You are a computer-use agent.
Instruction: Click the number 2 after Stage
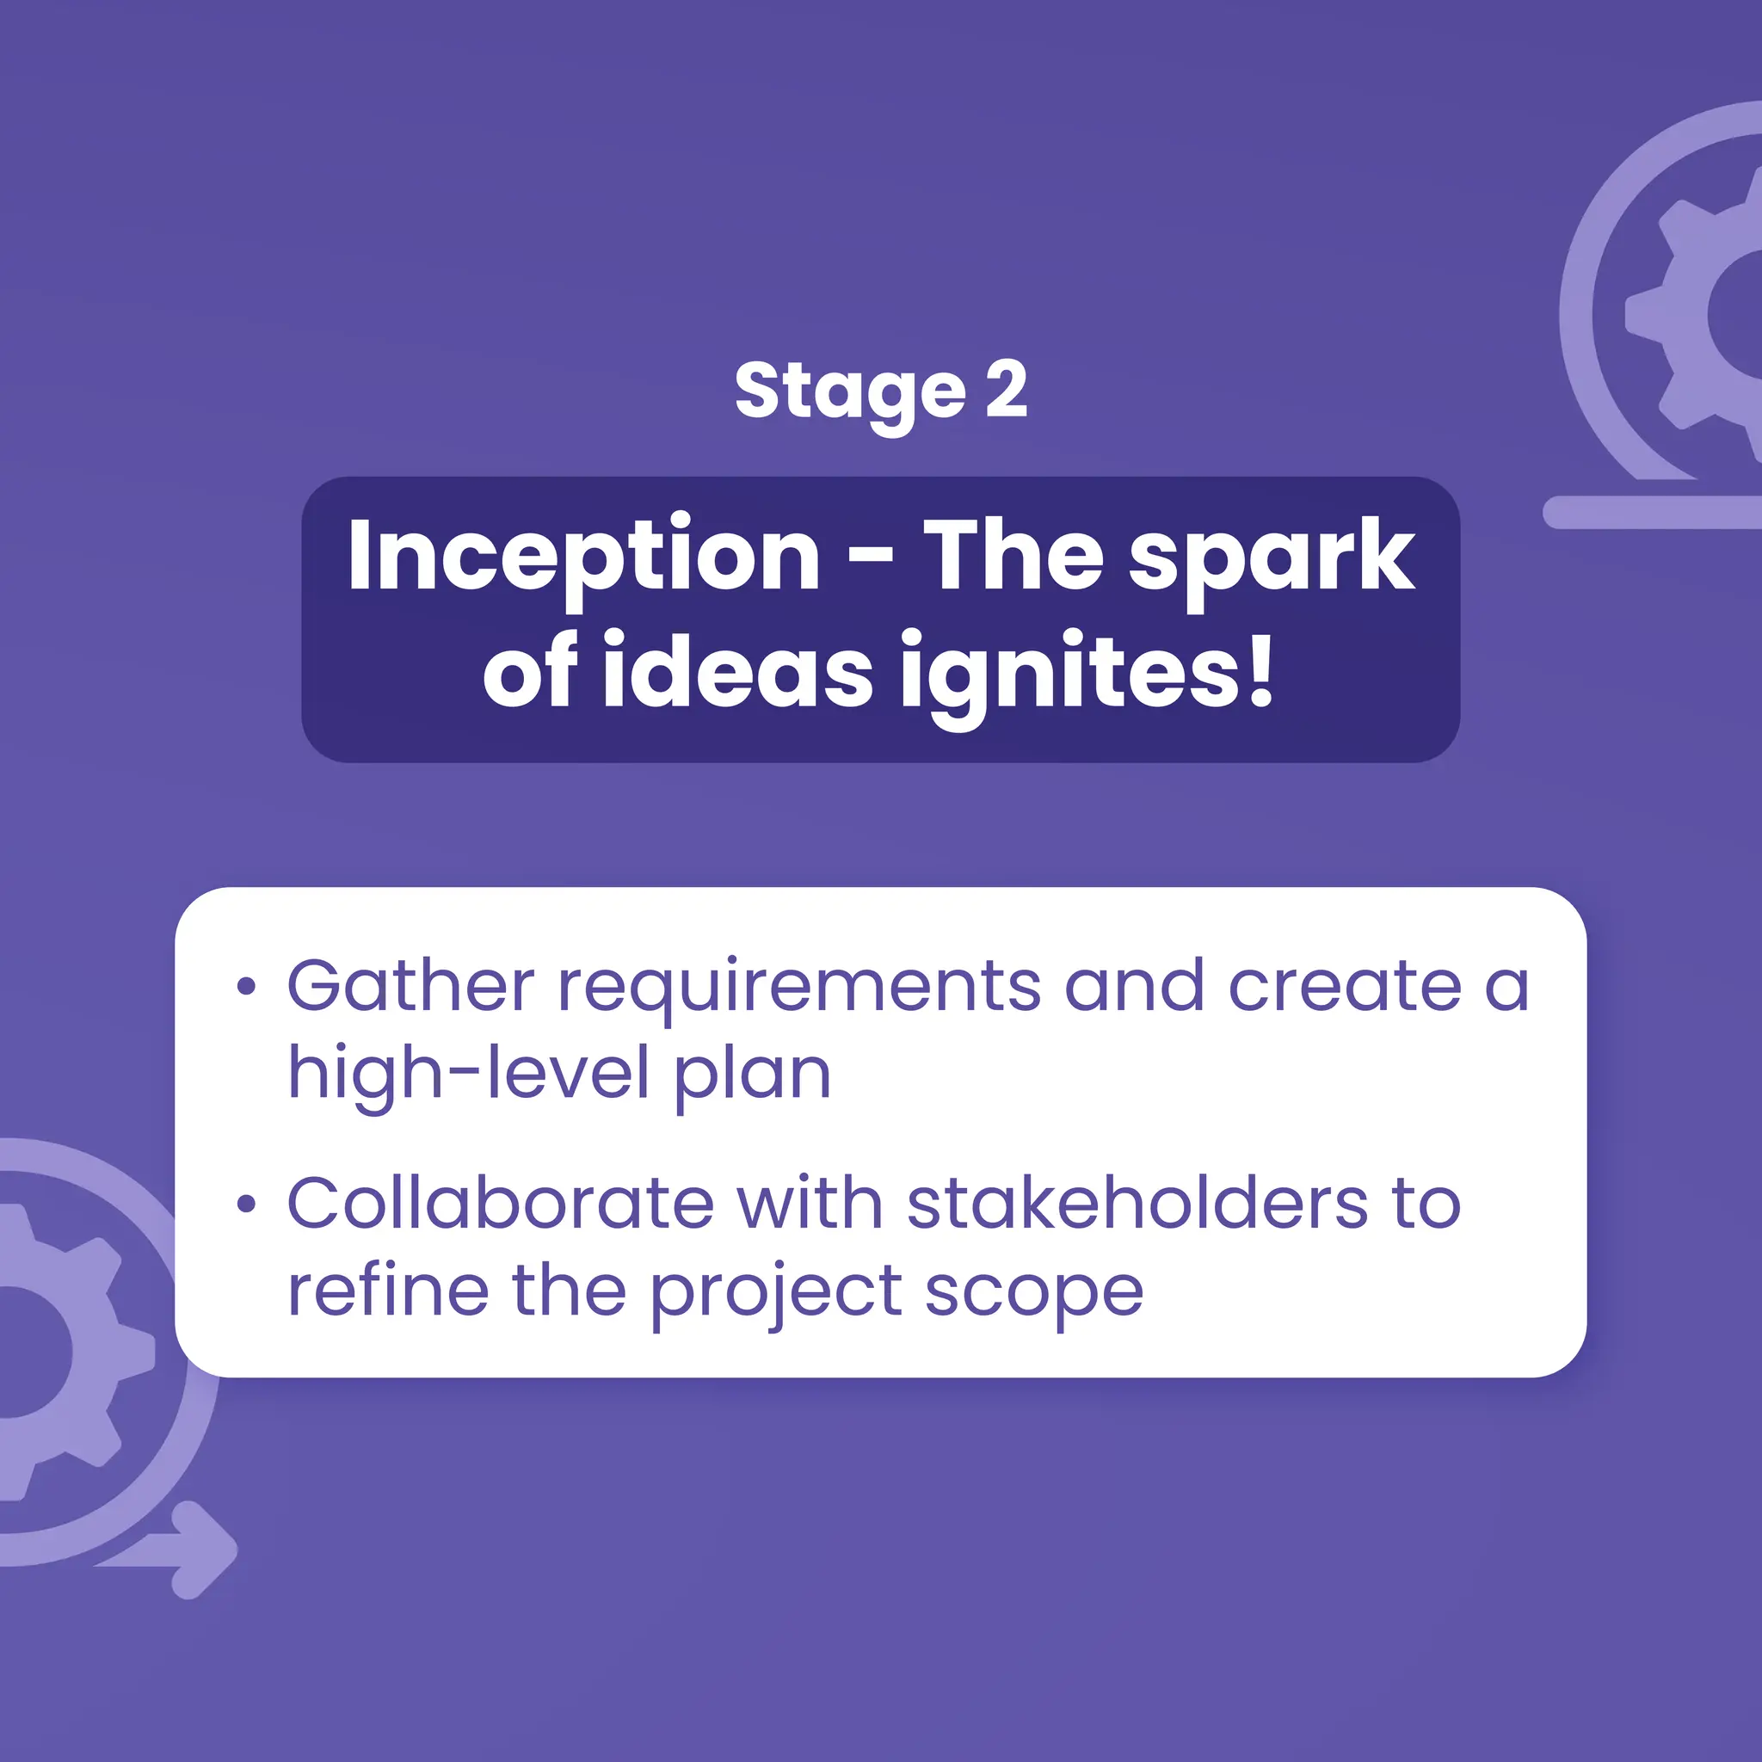[1006, 390]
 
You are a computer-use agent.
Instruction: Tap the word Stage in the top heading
[849, 392]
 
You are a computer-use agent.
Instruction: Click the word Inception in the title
[583, 557]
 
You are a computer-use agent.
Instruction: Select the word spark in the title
[1272, 558]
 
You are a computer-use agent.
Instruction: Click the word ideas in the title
[738, 672]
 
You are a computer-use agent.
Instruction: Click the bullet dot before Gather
[245, 986]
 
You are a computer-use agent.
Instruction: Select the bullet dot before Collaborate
[245, 1204]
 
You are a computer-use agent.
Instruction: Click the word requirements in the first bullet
[799, 988]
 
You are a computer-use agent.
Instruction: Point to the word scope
[1034, 1293]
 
